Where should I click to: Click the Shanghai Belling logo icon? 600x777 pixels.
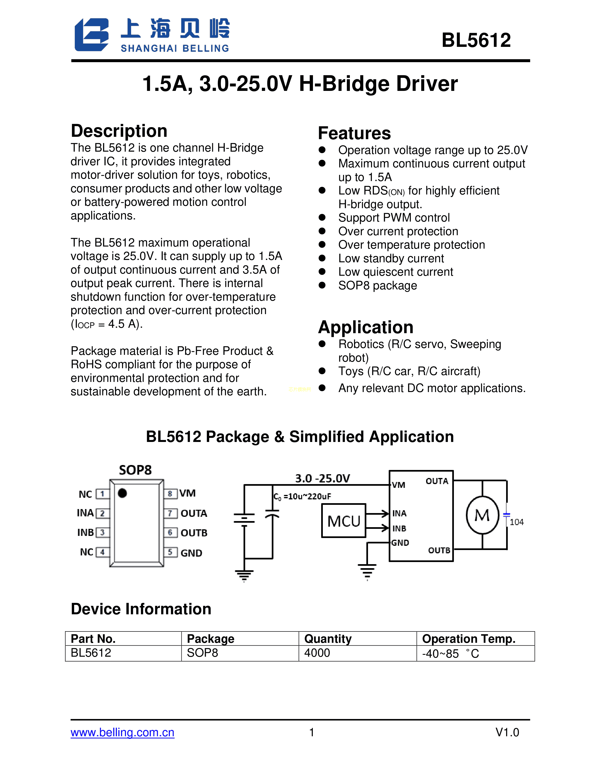[91, 35]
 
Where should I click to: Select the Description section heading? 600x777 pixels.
[119, 131]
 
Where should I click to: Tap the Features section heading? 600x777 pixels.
[354, 134]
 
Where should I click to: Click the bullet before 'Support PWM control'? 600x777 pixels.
[322, 217]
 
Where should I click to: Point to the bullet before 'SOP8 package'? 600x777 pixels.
[322, 285]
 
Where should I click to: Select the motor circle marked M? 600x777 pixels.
[482, 515]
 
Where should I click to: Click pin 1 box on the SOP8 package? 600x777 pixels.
[102, 494]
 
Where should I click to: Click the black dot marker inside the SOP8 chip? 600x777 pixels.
[122, 493]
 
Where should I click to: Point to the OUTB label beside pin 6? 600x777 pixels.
[194, 533]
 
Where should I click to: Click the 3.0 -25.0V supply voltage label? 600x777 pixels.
[322, 478]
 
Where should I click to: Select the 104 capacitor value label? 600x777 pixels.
[516, 522]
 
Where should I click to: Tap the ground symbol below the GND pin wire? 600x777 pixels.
[367, 571]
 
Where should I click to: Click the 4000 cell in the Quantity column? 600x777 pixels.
[317, 653]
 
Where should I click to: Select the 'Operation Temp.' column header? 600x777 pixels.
[468, 639]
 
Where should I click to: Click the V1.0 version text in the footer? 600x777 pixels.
[507, 732]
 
